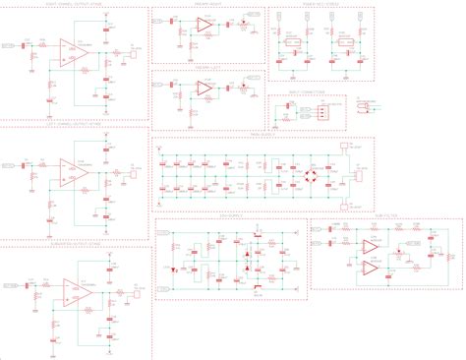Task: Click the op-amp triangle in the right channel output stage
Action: [x=72, y=51]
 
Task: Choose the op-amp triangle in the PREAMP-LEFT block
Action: [x=204, y=89]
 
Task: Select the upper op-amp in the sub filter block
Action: [x=369, y=247]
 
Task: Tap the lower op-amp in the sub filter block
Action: [x=369, y=267]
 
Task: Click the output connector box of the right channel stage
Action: [x=132, y=56]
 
